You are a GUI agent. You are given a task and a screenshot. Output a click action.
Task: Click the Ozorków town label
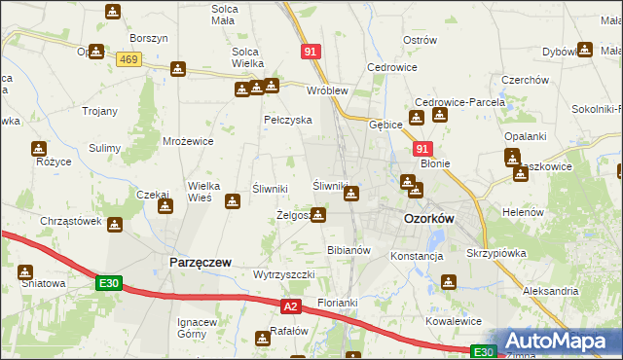tap(428, 220)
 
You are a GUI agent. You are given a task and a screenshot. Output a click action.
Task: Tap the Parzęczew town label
tap(199, 263)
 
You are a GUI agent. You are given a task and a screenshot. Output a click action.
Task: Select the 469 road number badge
tap(128, 60)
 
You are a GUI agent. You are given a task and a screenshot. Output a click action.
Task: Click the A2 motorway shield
tap(290, 307)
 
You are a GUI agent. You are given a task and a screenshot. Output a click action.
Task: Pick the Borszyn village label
tap(149, 38)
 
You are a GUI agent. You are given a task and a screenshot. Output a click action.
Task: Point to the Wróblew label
tap(327, 90)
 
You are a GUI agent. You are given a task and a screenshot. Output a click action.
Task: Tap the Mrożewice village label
tap(188, 141)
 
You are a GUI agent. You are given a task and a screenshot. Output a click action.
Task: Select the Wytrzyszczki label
tap(283, 274)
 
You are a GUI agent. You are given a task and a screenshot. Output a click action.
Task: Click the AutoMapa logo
tap(558, 341)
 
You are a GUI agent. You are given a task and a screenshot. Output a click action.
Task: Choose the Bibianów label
tap(349, 250)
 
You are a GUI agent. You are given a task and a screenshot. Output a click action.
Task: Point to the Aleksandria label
tap(550, 291)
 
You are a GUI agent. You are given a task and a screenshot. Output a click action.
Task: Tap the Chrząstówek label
tap(71, 221)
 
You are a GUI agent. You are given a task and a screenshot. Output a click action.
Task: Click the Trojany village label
tap(100, 110)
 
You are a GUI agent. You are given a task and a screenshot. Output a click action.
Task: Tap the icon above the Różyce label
tap(38, 149)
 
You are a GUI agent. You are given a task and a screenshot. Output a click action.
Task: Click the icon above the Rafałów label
tap(263, 339)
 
